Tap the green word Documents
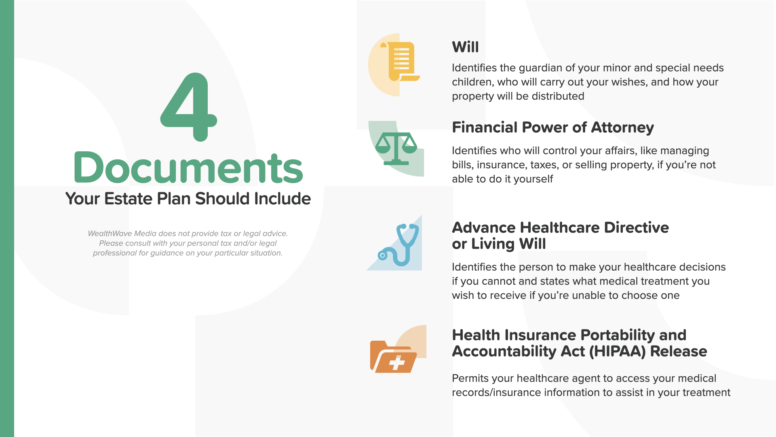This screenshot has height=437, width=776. [x=188, y=168]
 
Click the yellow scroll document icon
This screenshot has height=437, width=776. [x=400, y=62]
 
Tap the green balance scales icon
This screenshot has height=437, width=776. [x=396, y=148]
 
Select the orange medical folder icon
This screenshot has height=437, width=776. [x=393, y=356]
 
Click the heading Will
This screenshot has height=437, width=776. [x=465, y=47]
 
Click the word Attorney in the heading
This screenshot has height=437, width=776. [x=622, y=127]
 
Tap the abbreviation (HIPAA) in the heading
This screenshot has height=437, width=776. [x=618, y=351]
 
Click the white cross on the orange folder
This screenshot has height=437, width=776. [x=397, y=363]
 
